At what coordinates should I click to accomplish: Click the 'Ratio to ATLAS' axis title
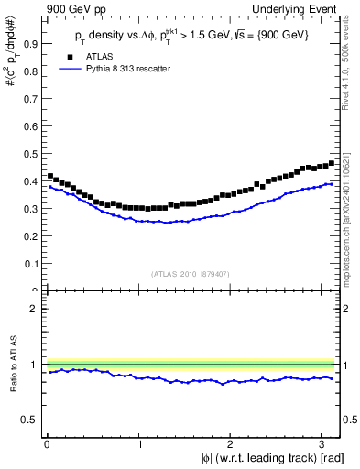click(x=12, y=365)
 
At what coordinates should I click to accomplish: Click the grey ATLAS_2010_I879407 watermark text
click(x=191, y=273)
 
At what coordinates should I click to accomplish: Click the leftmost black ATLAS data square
click(x=49, y=175)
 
